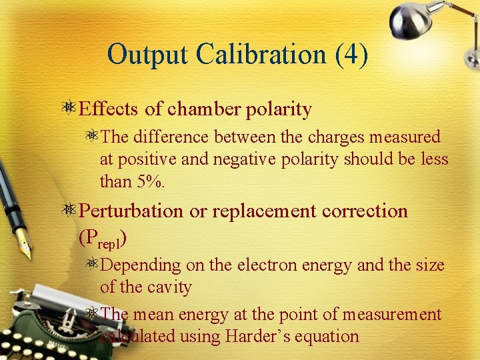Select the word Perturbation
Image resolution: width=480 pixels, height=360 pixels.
pyautogui.click(x=131, y=211)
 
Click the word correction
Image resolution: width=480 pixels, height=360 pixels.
pyautogui.click(x=365, y=211)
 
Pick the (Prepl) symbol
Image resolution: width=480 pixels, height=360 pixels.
pyautogui.click(x=103, y=237)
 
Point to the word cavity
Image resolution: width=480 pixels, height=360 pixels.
pyautogui.click(x=169, y=288)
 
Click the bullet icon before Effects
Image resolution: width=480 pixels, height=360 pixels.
pyautogui.click(x=69, y=109)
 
